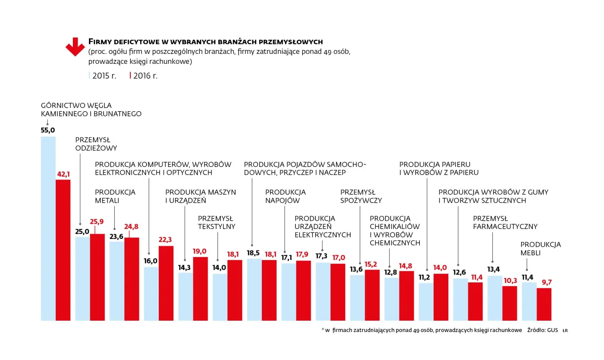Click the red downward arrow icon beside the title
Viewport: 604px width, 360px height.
[75, 47]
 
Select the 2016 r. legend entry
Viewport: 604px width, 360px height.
[143, 76]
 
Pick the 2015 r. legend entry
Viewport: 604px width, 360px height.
[103, 76]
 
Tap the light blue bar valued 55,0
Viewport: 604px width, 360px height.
[48, 229]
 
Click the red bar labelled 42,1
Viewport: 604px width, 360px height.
[63, 250]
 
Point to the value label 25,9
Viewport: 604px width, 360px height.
[97, 222]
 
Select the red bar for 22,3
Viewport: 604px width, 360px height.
[166, 283]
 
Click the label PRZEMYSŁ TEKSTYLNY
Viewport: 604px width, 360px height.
[217, 222]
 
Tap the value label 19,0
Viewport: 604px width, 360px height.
[199, 251]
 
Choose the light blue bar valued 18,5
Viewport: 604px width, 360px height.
[254, 290]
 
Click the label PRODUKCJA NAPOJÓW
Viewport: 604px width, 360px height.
[285, 196]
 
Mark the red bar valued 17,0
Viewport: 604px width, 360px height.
[338, 292]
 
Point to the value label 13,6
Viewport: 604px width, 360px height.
[356, 269]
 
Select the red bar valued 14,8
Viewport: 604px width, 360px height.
[406, 296]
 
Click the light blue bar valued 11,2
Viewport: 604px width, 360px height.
[426, 302]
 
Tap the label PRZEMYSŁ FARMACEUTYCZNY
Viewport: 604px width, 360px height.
[505, 222]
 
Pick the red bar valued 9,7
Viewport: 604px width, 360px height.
[544, 304]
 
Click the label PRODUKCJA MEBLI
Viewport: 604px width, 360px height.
[540, 248]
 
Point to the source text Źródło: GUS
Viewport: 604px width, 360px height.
[543, 330]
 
